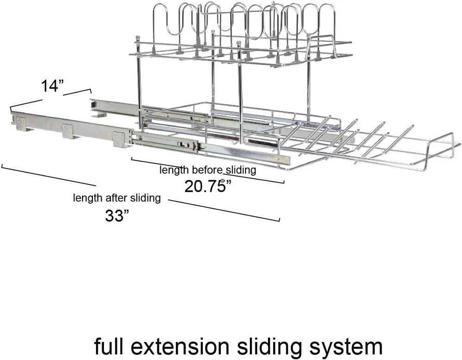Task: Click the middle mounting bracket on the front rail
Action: click(68, 131)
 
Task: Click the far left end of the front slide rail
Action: click(12, 114)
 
